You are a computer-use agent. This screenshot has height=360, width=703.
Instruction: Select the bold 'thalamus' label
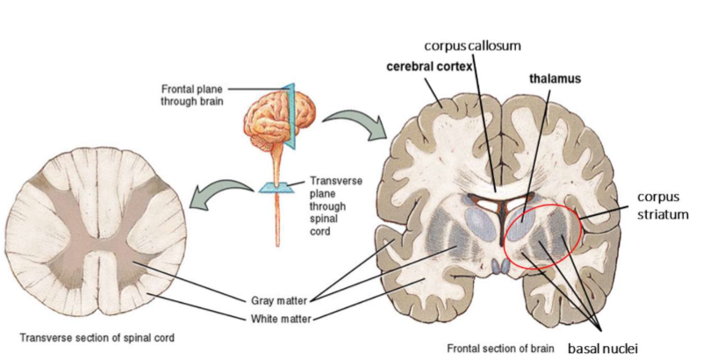click(x=555, y=78)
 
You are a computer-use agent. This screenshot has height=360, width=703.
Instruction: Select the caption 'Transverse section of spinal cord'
click(x=85, y=338)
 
